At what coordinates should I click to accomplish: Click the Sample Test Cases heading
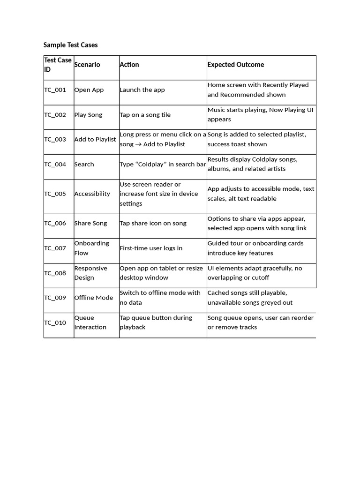(x=70, y=45)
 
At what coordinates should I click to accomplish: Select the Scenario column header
(x=87, y=65)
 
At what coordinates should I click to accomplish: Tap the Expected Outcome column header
(x=235, y=65)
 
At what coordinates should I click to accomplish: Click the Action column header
(x=129, y=65)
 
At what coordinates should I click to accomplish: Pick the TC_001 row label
(x=55, y=90)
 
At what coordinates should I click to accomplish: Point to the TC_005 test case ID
(x=55, y=194)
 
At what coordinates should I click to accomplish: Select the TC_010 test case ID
(x=55, y=322)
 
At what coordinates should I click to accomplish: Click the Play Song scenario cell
(x=88, y=115)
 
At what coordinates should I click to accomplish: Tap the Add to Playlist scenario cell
(x=95, y=140)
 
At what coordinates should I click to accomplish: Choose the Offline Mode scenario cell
(x=93, y=298)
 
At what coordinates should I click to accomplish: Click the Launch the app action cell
(x=142, y=90)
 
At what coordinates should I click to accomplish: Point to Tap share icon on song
(x=153, y=223)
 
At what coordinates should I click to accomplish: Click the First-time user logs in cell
(x=151, y=248)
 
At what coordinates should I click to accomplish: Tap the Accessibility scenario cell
(x=92, y=194)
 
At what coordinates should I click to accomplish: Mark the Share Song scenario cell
(x=90, y=223)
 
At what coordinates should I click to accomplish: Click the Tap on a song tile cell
(x=145, y=115)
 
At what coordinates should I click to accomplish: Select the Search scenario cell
(x=84, y=165)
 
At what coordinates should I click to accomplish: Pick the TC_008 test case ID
(x=55, y=273)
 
